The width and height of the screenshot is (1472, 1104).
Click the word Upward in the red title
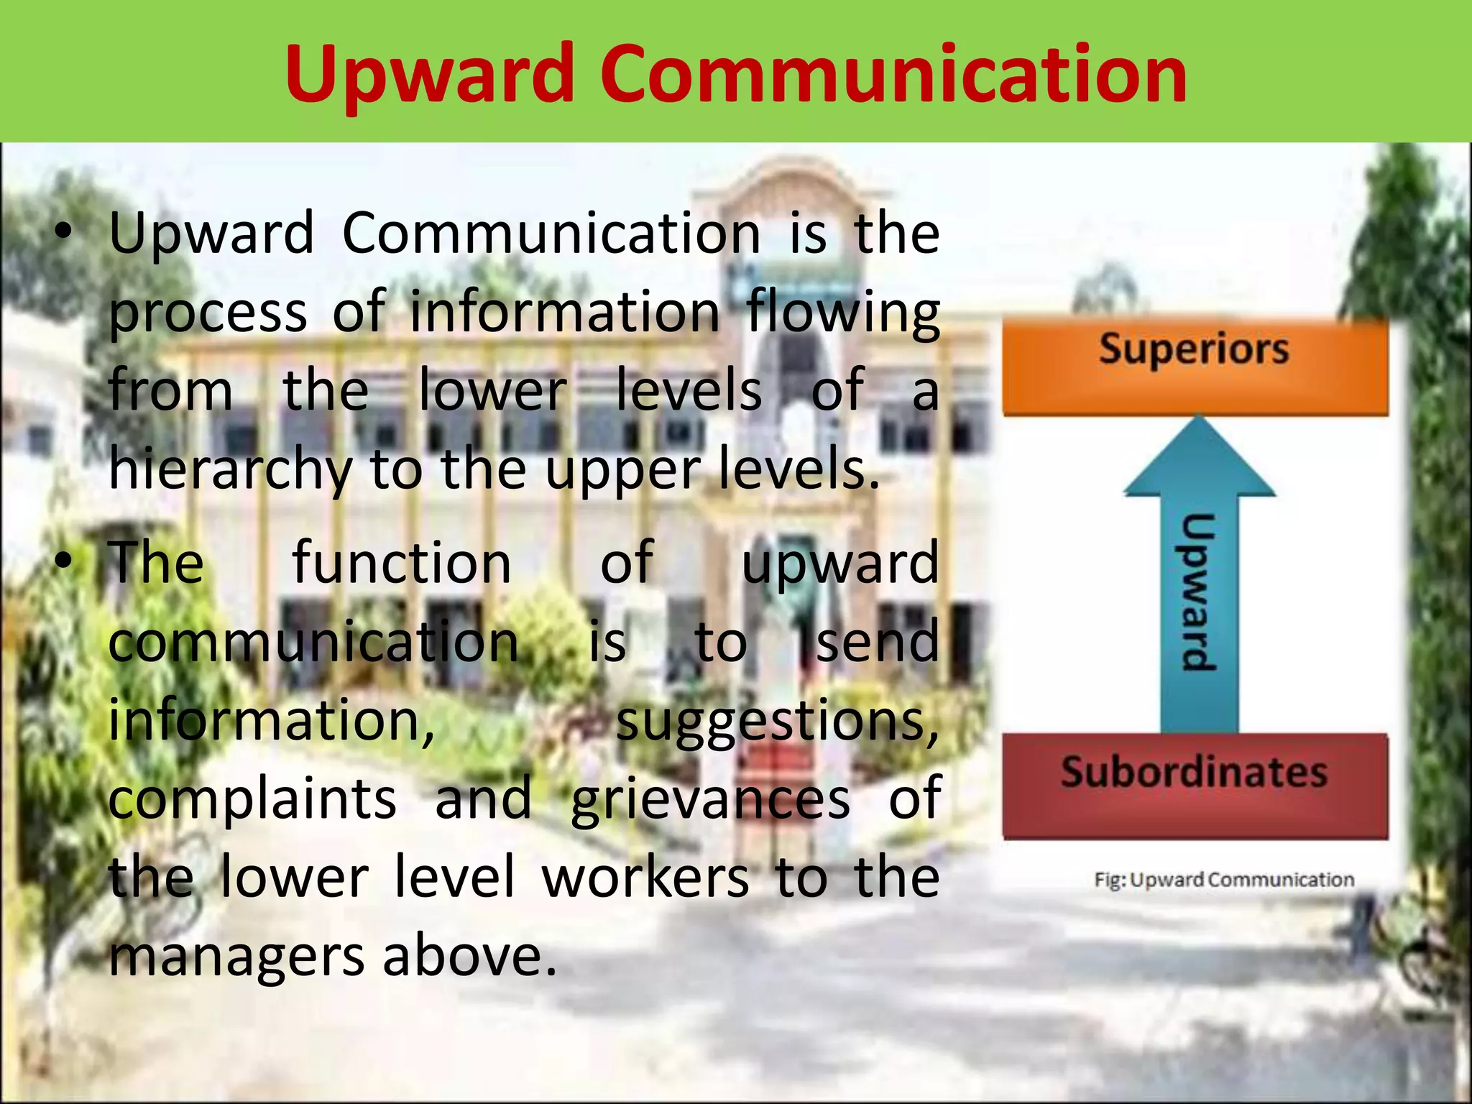(x=429, y=75)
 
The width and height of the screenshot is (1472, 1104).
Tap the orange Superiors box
(x=1195, y=367)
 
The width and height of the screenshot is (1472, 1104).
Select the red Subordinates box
(x=1195, y=786)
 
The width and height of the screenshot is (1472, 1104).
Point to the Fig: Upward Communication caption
(x=1224, y=880)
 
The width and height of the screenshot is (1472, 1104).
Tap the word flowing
(x=842, y=313)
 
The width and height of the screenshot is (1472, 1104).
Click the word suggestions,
(x=777, y=721)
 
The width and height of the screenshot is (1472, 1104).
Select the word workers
(x=645, y=878)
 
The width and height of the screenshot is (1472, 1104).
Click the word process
(x=208, y=313)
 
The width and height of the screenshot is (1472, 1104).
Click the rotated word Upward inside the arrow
(x=1198, y=592)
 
